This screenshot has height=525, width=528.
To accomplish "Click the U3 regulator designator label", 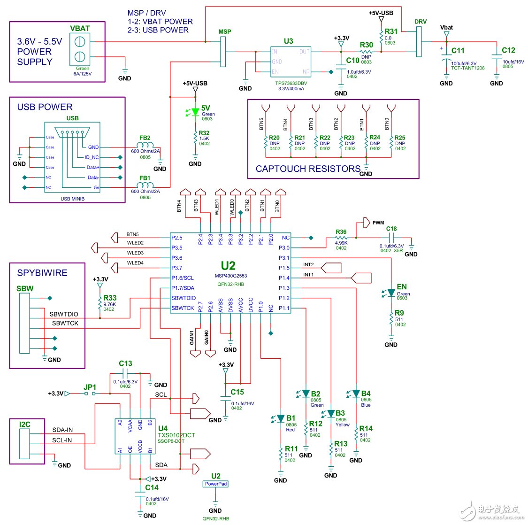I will [288, 41].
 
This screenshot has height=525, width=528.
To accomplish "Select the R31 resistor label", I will [390, 31].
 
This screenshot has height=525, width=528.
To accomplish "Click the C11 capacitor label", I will [458, 51].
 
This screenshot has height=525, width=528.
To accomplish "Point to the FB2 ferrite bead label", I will [145, 138].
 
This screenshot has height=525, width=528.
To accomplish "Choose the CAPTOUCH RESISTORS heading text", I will [308, 169].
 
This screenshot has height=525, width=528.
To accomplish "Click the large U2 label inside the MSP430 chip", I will [228, 266].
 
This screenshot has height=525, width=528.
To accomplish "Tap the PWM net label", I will [378, 223].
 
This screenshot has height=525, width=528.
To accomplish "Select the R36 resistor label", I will [341, 232].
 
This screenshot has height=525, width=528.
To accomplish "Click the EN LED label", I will [401, 287].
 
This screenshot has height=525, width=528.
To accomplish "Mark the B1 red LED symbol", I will [280, 418].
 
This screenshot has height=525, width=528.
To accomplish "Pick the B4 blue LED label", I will [366, 394].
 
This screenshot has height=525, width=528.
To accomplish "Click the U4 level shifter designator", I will [162, 428].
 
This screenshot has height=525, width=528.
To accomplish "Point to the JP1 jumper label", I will [90, 387].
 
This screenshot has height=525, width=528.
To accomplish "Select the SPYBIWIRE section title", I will [42, 273].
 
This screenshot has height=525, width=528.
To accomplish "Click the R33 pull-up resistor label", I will [110, 298].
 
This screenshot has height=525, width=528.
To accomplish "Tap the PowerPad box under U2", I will [216, 484].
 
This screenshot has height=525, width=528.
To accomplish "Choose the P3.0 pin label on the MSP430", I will [284, 247].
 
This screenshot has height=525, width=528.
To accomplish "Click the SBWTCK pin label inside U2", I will [183, 308].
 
